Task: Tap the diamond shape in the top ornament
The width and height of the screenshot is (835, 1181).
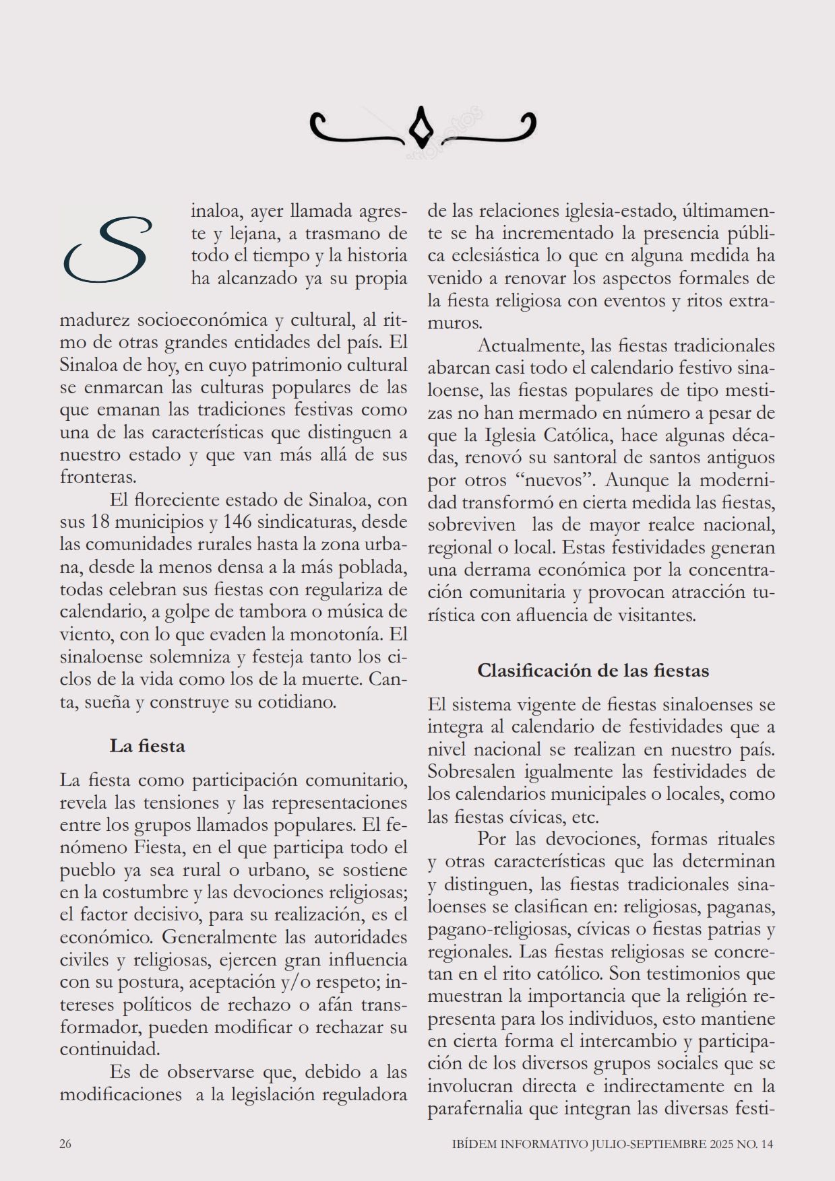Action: tap(422, 127)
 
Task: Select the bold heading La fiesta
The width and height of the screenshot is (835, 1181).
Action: tap(147, 746)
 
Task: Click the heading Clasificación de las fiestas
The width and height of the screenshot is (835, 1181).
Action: tap(593, 671)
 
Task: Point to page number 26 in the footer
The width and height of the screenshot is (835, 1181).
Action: tap(65, 1144)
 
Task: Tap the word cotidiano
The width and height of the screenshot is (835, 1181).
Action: tap(293, 702)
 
